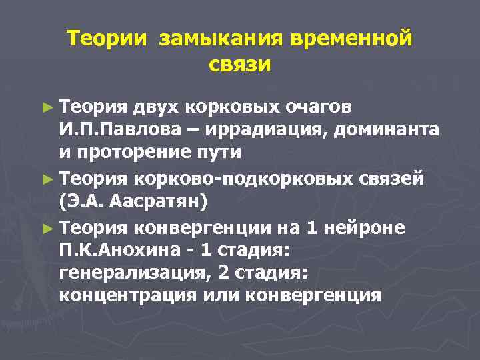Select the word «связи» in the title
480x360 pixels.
(240, 65)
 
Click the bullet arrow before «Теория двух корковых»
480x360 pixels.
(47, 106)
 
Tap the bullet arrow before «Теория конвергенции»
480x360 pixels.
(47, 228)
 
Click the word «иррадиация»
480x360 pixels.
(257, 130)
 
